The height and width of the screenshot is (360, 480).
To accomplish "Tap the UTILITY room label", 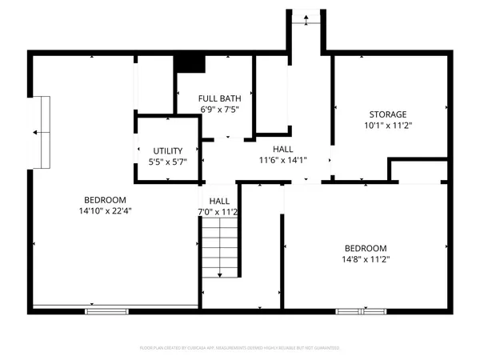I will pyautogui.click(x=168, y=150).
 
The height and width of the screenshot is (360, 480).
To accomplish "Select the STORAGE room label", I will pyautogui.click(x=388, y=114).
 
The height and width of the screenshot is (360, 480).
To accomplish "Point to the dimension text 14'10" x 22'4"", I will pyautogui.click(x=104, y=211).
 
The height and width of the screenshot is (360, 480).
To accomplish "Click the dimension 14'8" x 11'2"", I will pyautogui.click(x=366, y=259).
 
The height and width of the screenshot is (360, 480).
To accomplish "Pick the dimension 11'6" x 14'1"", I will pyautogui.click(x=282, y=160).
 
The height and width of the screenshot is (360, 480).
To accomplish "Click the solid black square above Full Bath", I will pyautogui.click(x=190, y=62).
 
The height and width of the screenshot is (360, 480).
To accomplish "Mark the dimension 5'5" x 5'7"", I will pyautogui.click(x=168, y=162).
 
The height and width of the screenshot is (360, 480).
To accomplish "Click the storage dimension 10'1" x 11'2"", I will pyautogui.click(x=388, y=126).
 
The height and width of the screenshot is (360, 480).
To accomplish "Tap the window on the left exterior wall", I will pyautogui.click(x=41, y=132).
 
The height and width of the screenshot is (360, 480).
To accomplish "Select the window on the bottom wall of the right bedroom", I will pyautogui.click(x=359, y=310).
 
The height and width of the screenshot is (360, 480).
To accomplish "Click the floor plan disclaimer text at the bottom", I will pyautogui.click(x=240, y=348).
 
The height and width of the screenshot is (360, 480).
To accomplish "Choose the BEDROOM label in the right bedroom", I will pyautogui.click(x=366, y=248).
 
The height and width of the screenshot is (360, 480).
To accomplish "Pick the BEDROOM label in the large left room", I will pyautogui.click(x=104, y=200).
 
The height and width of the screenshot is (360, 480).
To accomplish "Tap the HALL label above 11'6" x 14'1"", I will pyautogui.click(x=282, y=150).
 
